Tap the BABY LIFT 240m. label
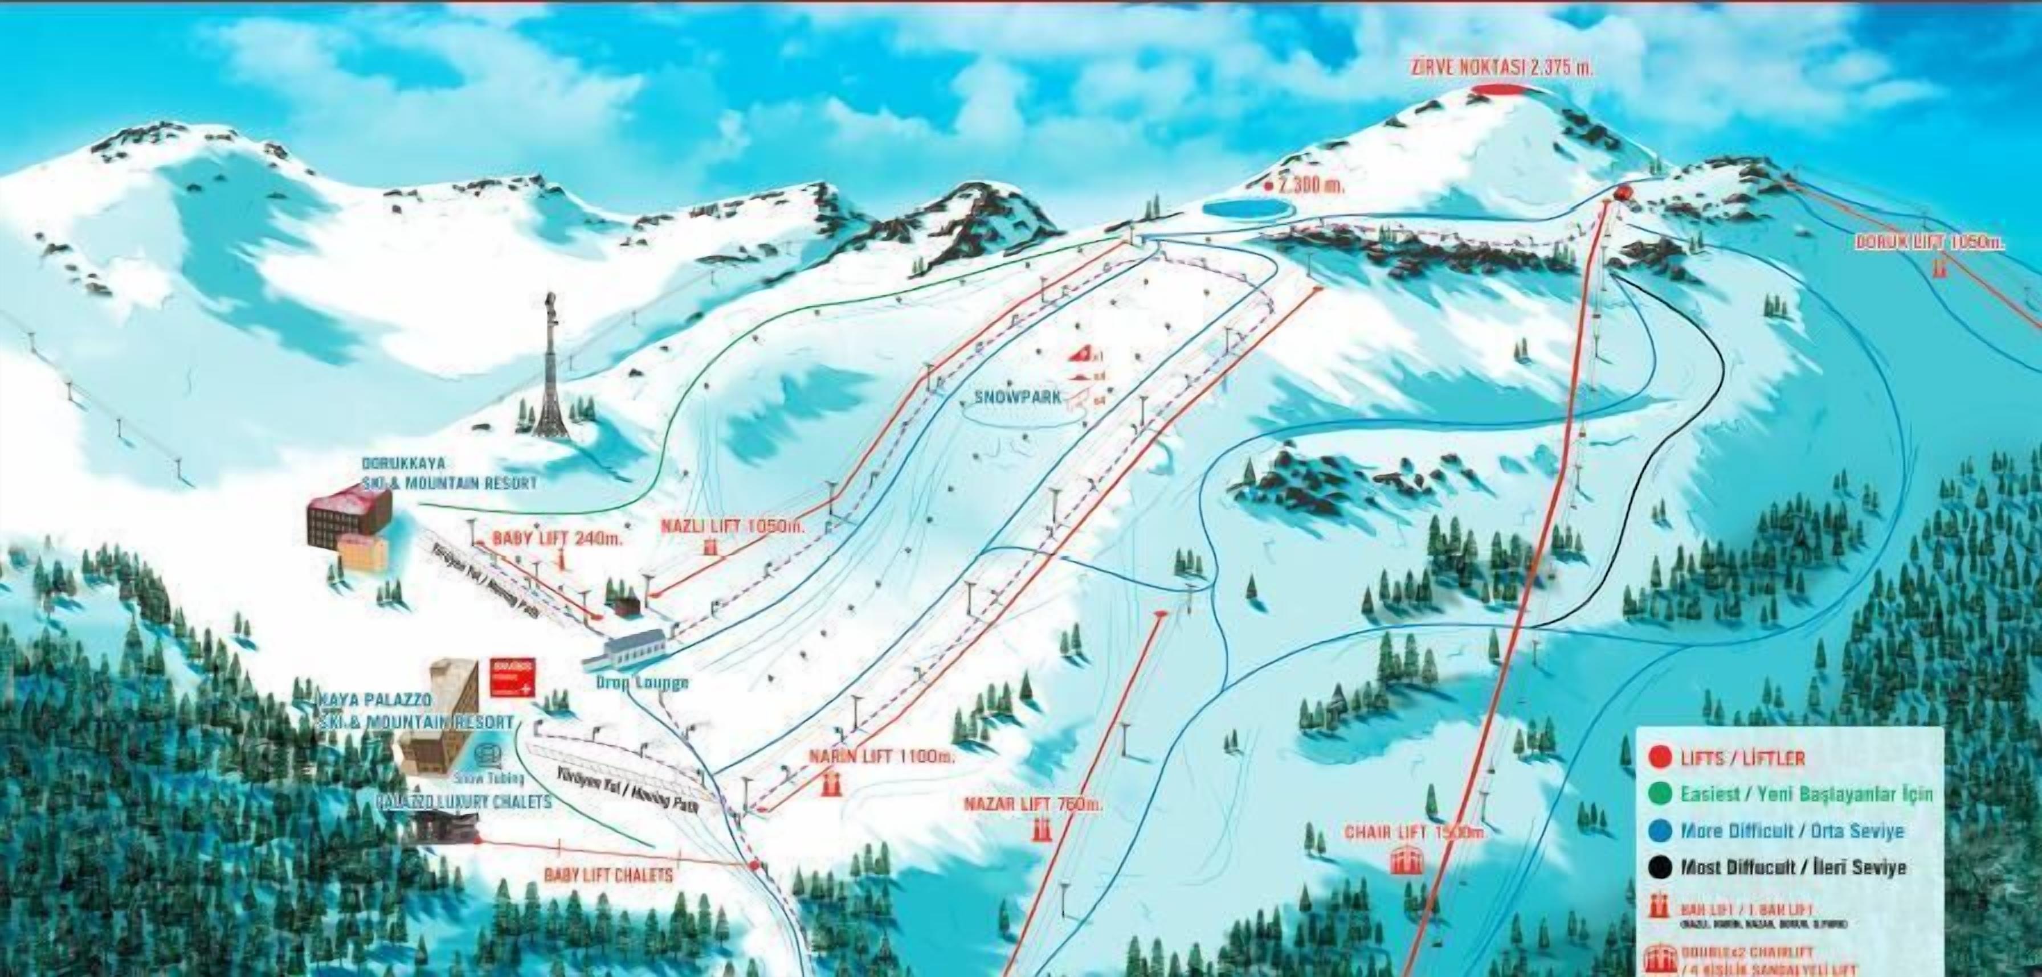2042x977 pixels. click(558, 537)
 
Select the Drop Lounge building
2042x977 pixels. click(626, 649)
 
